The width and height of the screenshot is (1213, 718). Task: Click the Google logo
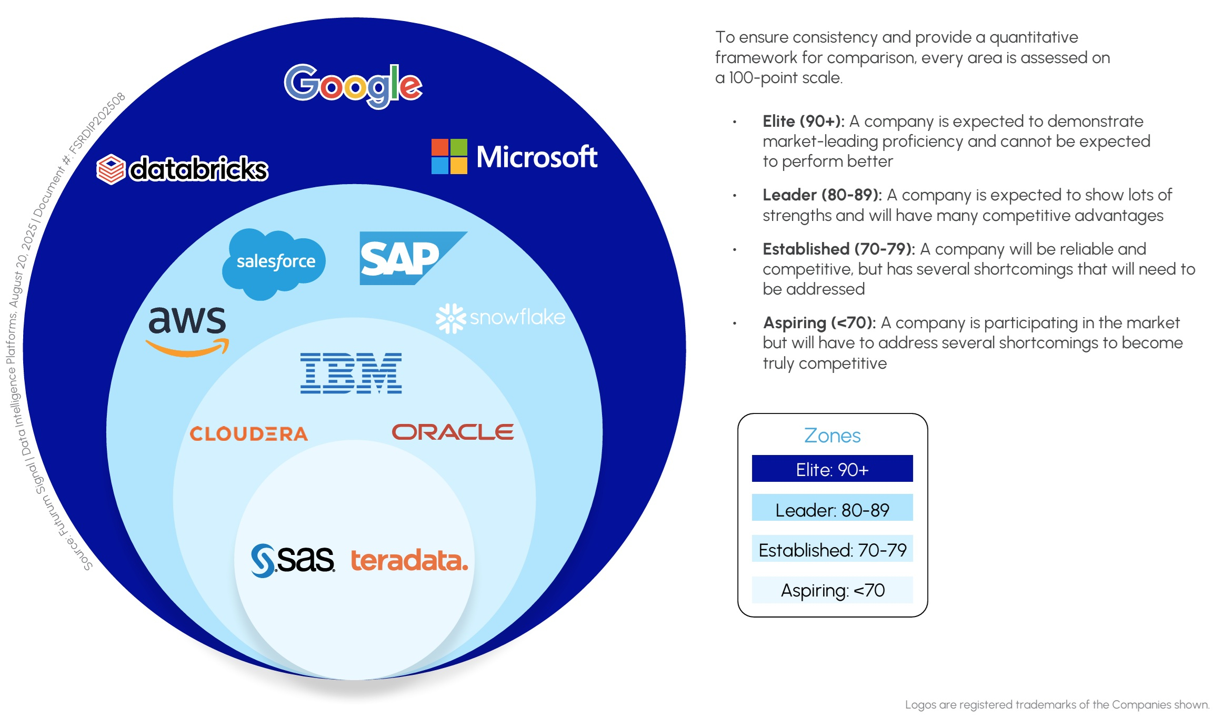point(353,85)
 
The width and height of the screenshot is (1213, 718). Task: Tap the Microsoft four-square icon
point(449,156)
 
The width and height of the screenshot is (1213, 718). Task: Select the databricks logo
point(183,169)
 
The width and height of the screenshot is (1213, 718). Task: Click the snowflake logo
point(500,318)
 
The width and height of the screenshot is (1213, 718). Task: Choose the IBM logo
point(351,373)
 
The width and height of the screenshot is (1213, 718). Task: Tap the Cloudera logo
point(248,434)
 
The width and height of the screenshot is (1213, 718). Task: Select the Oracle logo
point(453,432)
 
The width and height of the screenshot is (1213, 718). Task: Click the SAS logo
point(293,560)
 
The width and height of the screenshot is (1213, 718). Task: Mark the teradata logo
point(409,560)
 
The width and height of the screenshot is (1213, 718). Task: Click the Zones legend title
point(832,436)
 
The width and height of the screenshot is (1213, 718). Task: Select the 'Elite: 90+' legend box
point(832,469)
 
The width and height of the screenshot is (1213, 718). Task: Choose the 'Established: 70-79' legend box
point(832,549)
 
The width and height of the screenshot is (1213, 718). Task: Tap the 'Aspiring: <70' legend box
point(832,590)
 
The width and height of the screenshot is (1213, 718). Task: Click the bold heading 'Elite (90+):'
point(803,122)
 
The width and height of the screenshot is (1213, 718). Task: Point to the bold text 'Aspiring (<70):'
point(819,322)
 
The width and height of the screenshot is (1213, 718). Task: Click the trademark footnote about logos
point(1057,704)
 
